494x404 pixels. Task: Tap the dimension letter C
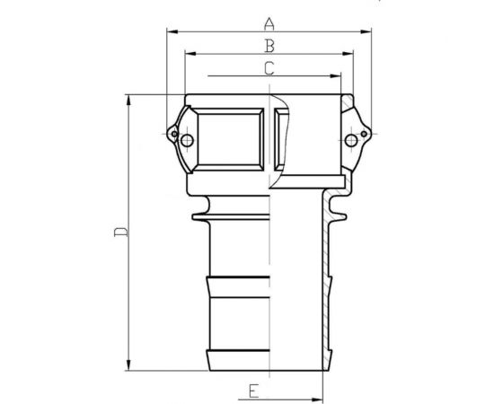click(269, 67)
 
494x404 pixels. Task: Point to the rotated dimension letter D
click(120, 233)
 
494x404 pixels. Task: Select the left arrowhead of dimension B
click(187, 53)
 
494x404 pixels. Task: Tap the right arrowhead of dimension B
click(349, 53)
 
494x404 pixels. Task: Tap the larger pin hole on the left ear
click(186, 141)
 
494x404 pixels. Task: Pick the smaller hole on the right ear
click(363, 136)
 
